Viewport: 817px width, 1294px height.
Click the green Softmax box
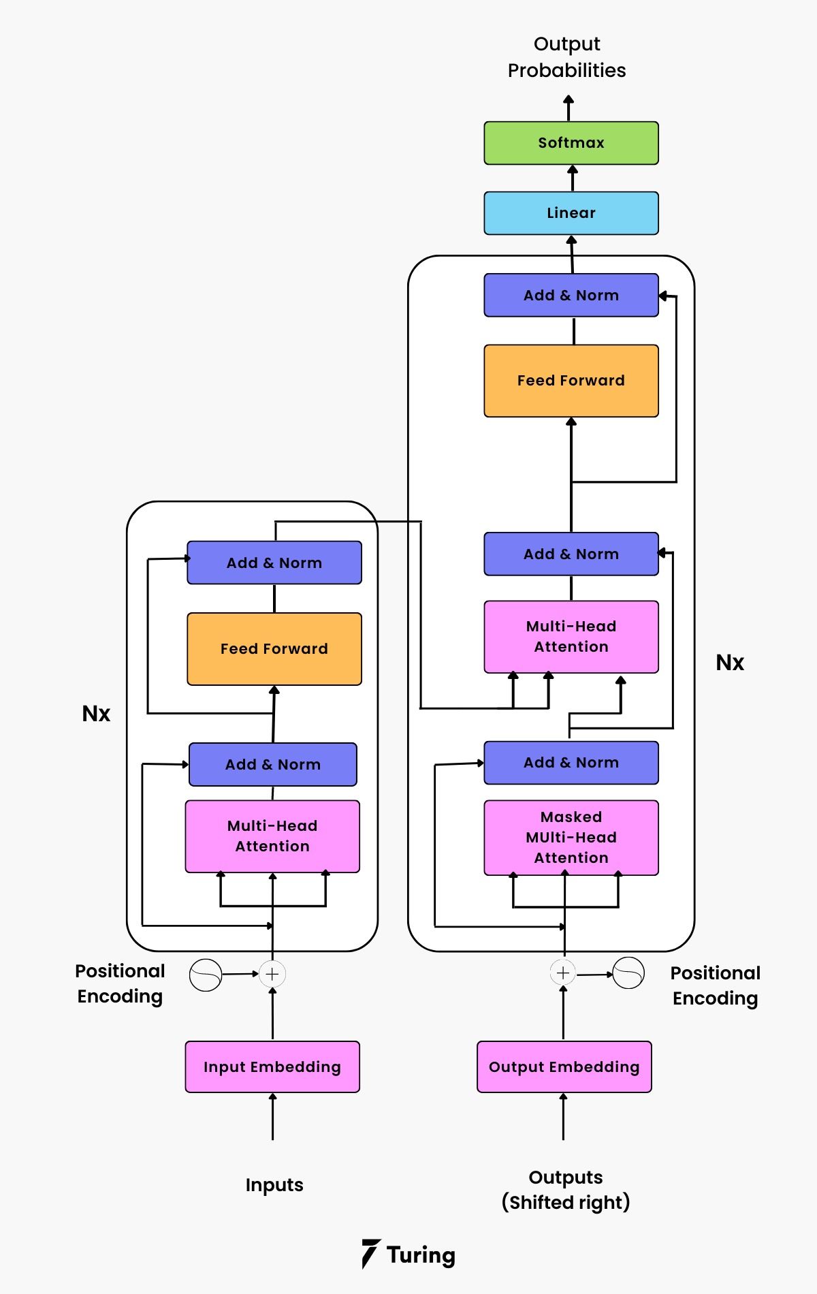(571, 143)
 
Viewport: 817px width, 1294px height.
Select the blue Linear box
(571, 213)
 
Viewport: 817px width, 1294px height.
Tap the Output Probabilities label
(566, 57)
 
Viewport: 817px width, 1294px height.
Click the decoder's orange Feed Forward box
(571, 381)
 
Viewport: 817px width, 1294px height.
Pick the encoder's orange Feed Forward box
(274, 649)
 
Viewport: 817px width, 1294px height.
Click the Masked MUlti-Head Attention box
(571, 838)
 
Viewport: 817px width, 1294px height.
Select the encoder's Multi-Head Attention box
(272, 836)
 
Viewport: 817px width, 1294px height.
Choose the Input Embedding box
(272, 1067)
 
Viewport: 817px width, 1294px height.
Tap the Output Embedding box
(564, 1067)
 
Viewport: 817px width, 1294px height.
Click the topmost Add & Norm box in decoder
(571, 296)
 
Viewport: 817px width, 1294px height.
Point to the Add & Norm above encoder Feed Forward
(274, 563)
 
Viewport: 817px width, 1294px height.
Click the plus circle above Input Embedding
(272, 974)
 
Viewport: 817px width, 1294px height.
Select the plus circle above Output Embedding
(563, 973)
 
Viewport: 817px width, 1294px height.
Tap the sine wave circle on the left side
(205, 975)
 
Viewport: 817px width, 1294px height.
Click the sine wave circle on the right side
(628, 973)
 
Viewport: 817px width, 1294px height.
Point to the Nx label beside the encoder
(96, 714)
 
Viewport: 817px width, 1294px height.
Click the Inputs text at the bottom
(274, 1185)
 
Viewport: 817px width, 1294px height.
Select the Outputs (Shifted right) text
(565, 1190)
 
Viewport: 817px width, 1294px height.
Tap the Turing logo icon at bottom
(370, 1254)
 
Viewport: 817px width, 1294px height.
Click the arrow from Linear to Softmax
(573, 178)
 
